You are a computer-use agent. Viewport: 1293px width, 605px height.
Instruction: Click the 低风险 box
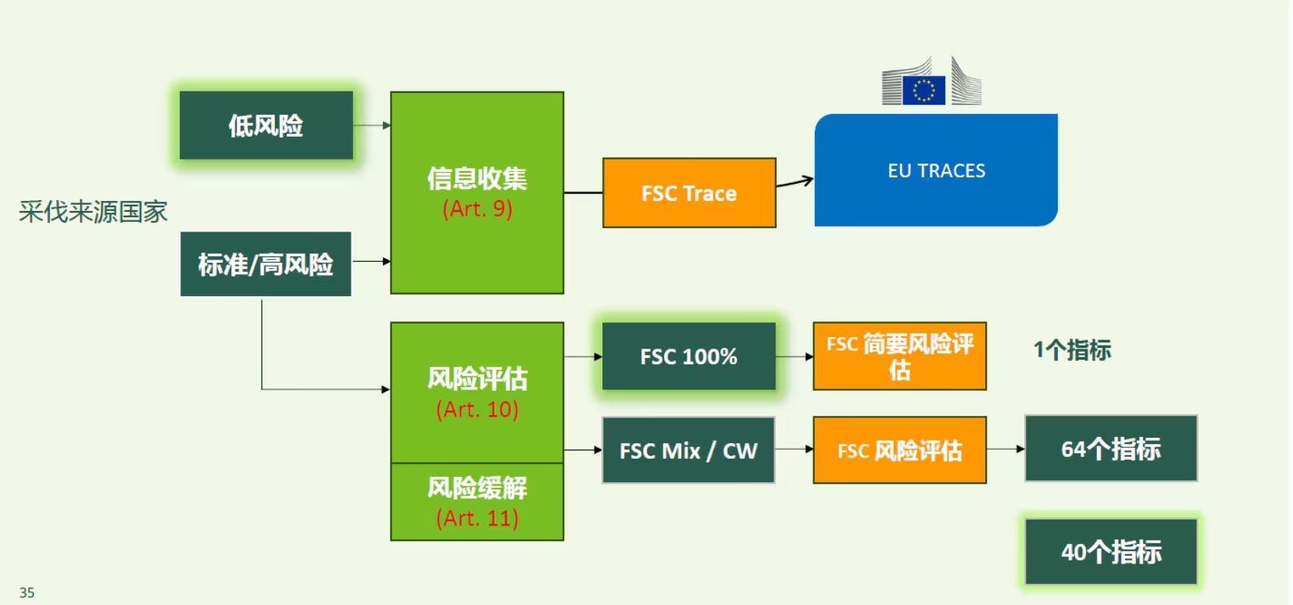click(266, 125)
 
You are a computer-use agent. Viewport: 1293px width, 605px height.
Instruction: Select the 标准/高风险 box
click(266, 264)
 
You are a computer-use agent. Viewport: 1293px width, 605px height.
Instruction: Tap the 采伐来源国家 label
click(93, 211)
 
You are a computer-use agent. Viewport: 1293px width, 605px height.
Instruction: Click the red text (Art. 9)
click(477, 209)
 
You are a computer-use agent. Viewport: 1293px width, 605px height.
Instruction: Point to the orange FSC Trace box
click(688, 193)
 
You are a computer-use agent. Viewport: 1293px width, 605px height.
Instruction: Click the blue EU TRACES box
click(936, 170)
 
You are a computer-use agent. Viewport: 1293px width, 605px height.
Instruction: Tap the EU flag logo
click(923, 90)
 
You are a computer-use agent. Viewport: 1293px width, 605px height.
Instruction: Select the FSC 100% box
click(688, 356)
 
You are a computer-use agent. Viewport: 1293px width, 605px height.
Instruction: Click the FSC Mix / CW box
click(688, 450)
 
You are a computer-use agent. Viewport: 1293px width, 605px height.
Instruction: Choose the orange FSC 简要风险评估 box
click(899, 356)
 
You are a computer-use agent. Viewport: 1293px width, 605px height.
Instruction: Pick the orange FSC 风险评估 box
click(899, 450)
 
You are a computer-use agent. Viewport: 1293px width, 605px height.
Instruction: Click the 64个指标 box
click(1110, 449)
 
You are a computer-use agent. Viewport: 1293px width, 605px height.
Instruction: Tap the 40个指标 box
click(1110, 552)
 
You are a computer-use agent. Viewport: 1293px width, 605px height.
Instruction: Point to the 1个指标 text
click(1072, 349)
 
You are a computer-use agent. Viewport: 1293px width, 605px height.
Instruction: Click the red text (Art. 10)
click(477, 409)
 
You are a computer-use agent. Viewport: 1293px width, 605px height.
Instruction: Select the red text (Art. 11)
click(477, 517)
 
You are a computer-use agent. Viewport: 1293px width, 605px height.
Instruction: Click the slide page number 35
click(27, 592)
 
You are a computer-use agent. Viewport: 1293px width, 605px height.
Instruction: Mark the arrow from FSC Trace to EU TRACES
click(795, 183)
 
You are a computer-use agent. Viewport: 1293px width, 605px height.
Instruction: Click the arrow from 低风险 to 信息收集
click(372, 125)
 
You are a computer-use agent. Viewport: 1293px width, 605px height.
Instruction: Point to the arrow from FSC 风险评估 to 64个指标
click(1005, 449)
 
